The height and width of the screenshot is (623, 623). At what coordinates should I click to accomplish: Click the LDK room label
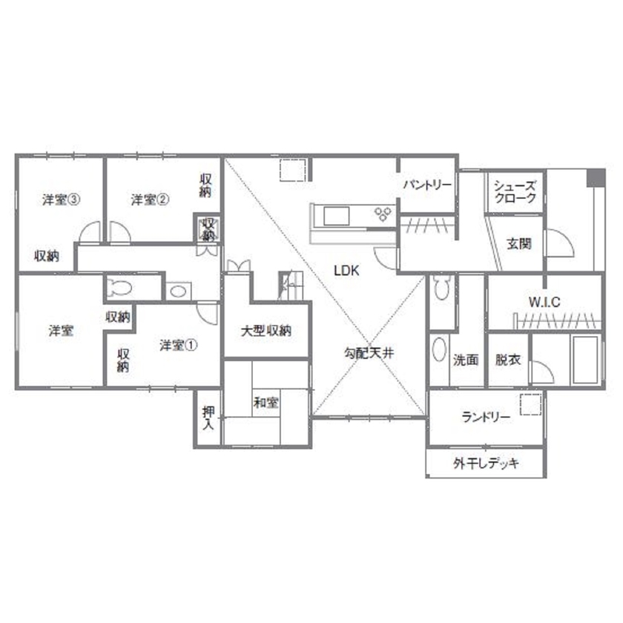pyautogui.click(x=346, y=271)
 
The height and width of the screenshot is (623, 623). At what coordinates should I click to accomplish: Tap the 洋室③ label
pyautogui.click(x=61, y=200)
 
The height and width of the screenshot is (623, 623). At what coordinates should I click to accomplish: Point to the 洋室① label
pyautogui.click(x=179, y=345)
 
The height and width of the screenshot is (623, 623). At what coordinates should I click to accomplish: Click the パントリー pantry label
pyautogui.click(x=427, y=185)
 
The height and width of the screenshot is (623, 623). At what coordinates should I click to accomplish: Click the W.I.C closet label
pyautogui.click(x=544, y=302)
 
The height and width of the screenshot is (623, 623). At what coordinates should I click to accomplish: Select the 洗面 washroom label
pyautogui.click(x=466, y=360)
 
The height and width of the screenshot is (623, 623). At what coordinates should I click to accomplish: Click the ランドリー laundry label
pyautogui.click(x=486, y=418)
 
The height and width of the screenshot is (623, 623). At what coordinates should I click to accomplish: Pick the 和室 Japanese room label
pyautogui.click(x=266, y=403)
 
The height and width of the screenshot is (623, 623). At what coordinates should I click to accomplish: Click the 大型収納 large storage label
pyautogui.click(x=266, y=330)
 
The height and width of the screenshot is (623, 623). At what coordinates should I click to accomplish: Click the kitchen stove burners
pyautogui.click(x=383, y=214)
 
